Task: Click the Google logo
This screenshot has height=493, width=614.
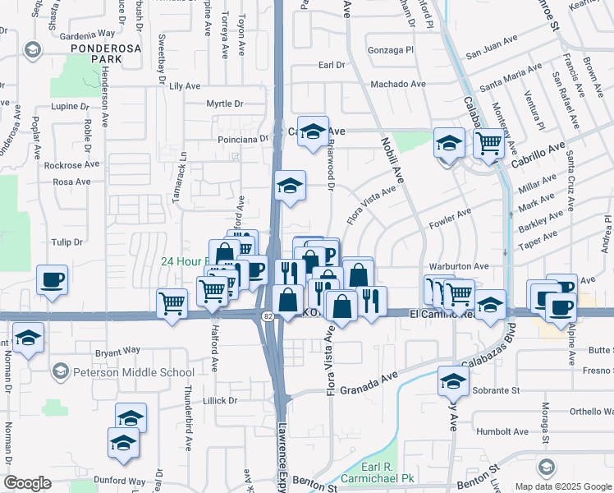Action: [x=27, y=483]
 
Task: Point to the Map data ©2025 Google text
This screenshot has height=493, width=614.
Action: [x=562, y=486]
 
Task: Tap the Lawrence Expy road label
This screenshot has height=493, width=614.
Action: [x=282, y=453]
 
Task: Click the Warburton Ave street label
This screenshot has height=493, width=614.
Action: [x=459, y=266]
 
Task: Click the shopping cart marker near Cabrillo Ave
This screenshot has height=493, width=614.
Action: [x=489, y=144]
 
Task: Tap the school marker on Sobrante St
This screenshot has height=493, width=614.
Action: [x=452, y=380]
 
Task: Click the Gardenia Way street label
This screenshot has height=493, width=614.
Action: [x=87, y=35]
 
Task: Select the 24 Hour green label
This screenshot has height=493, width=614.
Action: [x=183, y=261]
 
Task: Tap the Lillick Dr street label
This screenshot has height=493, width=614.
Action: [x=219, y=401]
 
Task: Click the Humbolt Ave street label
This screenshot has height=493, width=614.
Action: [x=509, y=431]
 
